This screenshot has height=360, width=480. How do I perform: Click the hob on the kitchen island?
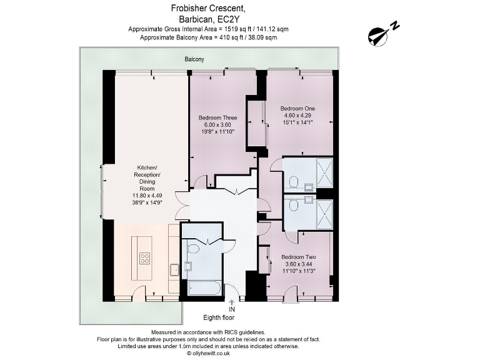144,258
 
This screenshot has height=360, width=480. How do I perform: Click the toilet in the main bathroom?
193,249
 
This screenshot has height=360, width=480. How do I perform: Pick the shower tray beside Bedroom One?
324,173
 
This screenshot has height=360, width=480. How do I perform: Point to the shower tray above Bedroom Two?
324,212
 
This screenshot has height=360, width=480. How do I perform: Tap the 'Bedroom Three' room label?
217,117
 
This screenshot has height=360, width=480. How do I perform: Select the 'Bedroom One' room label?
297,108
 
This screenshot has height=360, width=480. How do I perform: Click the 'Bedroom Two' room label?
298,257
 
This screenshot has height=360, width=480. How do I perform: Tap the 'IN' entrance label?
232,309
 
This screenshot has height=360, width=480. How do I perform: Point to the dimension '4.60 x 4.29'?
297,116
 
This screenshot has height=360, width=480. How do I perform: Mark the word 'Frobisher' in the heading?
190,8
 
